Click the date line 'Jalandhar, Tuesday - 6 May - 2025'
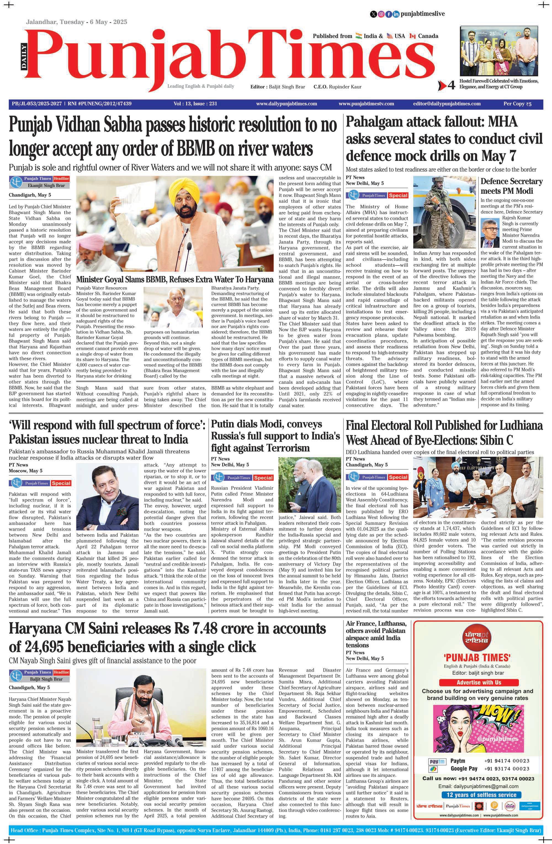76,22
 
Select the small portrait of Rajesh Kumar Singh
490,233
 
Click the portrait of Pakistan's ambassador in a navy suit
107,498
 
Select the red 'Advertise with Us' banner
478,682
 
